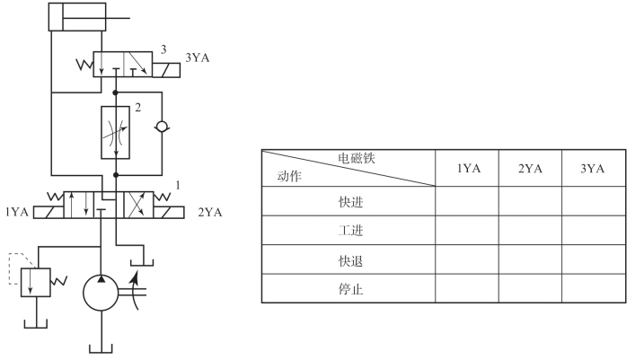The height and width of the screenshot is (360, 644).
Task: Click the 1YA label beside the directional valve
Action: tap(16, 213)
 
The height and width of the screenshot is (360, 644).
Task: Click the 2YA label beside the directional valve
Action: tap(209, 213)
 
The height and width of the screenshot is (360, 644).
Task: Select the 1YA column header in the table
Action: tap(467, 168)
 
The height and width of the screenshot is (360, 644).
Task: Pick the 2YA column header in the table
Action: tap(529, 168)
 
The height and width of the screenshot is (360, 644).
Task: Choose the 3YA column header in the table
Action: tap(592, 168)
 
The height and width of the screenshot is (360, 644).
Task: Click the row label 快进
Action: tap(348, 202)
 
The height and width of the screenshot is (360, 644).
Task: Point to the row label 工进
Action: tap(348, 232)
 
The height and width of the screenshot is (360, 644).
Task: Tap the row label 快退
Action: tap(348, 260)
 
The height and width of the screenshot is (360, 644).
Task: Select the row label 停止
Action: tap(348, 289)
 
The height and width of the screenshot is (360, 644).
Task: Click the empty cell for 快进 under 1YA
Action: tap(467, 202)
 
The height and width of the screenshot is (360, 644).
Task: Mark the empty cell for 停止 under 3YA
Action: tap(592, 289)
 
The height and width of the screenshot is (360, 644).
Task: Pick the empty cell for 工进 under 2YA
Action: tap(529, 232)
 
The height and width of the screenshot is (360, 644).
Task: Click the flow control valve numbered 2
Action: tap(116, 131)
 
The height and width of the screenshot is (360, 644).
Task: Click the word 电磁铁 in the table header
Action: tap(357, 158)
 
